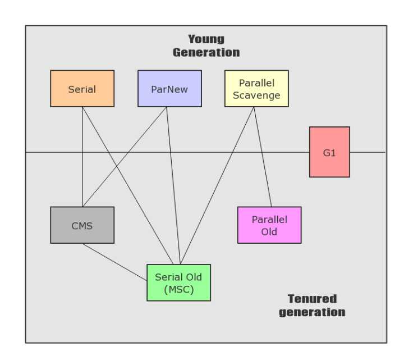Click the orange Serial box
tap(82, 89)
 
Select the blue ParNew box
tap(169, 89)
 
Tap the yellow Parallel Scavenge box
tap(256, 89)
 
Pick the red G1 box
tap(329, 152)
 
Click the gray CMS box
tap(82, 225)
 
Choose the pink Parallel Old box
tap(269, 225)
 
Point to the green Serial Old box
tap(178, 282)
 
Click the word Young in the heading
tap(206, 39)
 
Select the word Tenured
tap(312, 298)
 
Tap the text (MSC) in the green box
tap(178, 289)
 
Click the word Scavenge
tap(256, 95)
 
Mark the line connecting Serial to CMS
tap(82, 168)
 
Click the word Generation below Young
tap(206, 53)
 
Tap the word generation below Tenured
tap(312, 312)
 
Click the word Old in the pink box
tap(269, 232)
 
